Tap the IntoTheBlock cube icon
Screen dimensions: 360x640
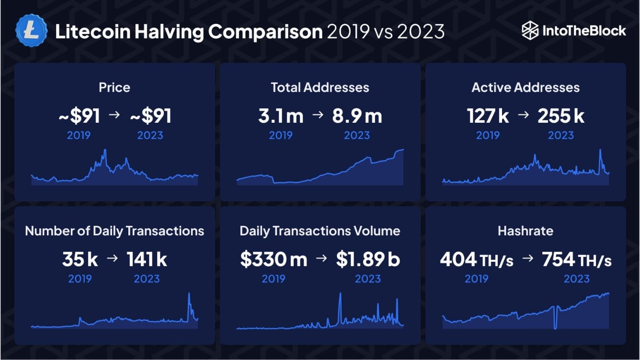coord(530,31)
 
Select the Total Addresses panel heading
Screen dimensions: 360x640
coord(320,87)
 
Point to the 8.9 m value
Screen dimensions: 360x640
coord(357,116)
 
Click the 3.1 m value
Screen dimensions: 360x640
coord(281,116)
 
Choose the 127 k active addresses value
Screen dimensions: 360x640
coord(488,116)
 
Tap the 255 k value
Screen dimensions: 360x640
coord(561,116)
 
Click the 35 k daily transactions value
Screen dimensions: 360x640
coord(80,260)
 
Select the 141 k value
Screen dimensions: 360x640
coord(147,260)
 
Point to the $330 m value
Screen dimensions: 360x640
coord(274,260)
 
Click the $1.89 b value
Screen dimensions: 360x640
coord(368,260)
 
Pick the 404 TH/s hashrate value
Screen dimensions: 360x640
coord(477,260)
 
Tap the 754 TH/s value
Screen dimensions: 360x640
coord(577,260)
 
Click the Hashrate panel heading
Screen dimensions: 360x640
coord(526,231)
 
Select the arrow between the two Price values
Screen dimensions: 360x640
coord(114,116)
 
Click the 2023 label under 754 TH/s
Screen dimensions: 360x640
coord(577,279)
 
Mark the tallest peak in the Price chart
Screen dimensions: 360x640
coord(105,151)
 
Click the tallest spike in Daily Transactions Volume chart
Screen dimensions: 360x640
coord(340,294)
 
